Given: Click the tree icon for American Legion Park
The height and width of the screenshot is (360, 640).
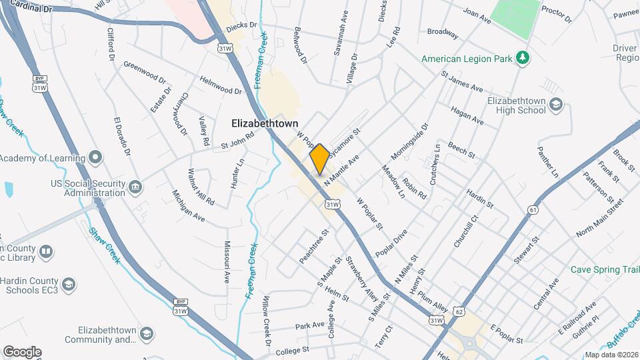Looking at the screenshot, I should (x=523, y=59).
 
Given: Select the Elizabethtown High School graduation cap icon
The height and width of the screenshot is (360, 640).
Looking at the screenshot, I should (x=557, y=105).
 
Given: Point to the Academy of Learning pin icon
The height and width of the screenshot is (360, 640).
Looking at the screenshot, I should (x=96, y=158).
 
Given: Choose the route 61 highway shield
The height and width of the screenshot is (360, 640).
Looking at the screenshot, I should (x=532, y=210).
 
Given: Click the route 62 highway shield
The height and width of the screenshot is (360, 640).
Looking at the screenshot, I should (x=458, y=311).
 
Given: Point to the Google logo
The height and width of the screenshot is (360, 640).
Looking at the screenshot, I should (x=22, y=351).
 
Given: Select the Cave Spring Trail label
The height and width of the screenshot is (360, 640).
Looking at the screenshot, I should (x=605, y=269).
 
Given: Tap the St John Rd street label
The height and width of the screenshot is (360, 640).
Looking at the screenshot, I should (x=238, y=140).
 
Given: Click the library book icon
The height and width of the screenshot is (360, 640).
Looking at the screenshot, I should (x=46, y=252).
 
